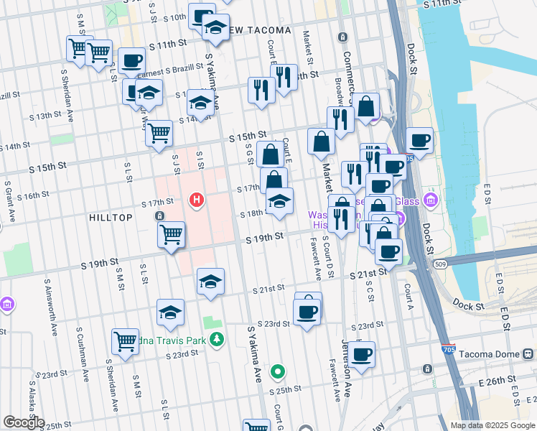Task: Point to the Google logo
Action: point(24,422)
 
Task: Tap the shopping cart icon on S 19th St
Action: point(171,233)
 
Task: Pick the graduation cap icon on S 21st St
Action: point(210,281)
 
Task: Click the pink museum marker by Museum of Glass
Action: point(431,199)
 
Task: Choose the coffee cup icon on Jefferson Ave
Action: point(363,353)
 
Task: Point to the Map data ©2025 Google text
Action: point(492,425)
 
